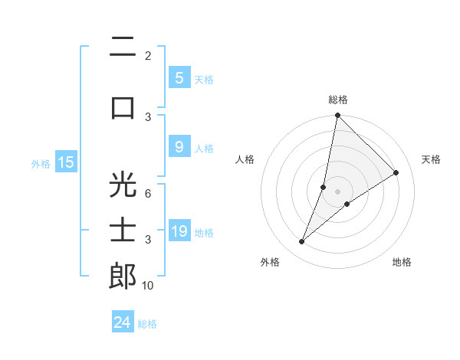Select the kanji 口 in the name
pos(123,108)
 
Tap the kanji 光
pos(123,185)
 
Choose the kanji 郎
pos(123,276)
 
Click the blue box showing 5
pos(179,77)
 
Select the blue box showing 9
pos(179,147)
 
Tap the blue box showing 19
pos(179,231)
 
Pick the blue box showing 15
pos(66,162)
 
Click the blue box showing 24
pos(123,322)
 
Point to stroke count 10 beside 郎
pos(148,286)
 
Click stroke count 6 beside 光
pos(148,194)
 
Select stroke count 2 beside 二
pos(148,56)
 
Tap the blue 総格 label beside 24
pos(148,324)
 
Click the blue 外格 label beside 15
pos(41,163)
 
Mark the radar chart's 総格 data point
pos(337,115)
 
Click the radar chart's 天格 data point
pos(396,172)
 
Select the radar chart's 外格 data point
pos(302,242)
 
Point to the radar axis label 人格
pos(245,159)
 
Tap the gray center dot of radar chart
pos(337,191)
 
